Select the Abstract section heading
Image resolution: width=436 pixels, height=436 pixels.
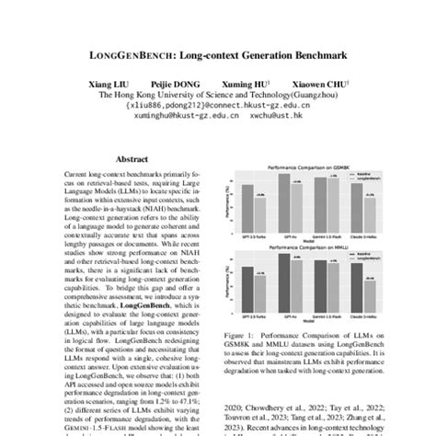point(131,158)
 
